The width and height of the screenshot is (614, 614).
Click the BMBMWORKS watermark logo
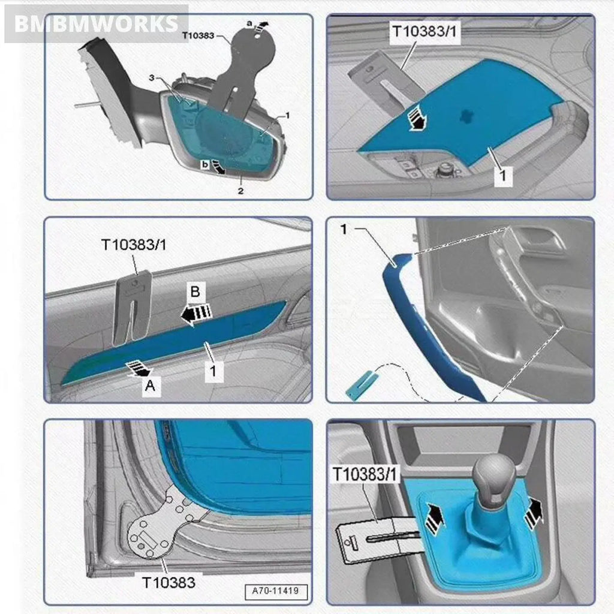pos(96,24)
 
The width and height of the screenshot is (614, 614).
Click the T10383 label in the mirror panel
pos(198,35)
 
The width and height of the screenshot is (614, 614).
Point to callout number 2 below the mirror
pos(240,191)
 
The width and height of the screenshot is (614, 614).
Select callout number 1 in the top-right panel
pos(503,176)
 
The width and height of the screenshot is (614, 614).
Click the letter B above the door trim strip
pos(195,293)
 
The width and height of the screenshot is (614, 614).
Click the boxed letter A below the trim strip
pos(151,387)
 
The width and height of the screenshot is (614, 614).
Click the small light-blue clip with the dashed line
pos(359,384)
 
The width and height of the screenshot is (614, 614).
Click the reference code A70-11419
pos(275,591)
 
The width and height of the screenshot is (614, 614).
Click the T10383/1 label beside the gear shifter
pos(365,474)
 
